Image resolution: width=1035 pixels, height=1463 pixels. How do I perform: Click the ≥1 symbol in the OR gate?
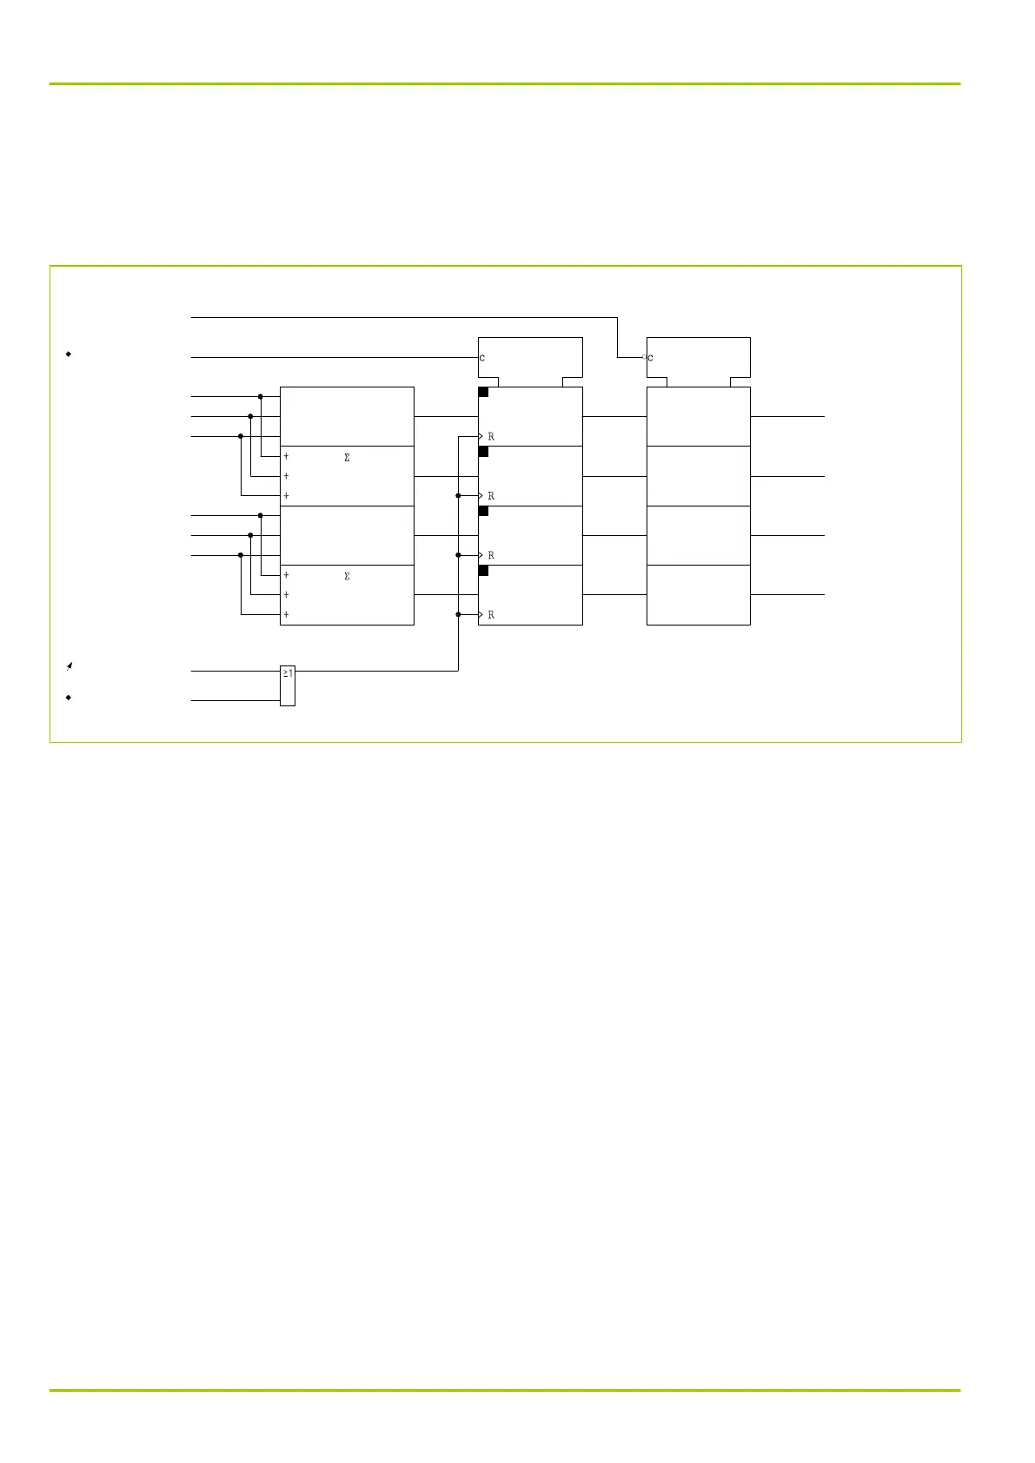point(288,672)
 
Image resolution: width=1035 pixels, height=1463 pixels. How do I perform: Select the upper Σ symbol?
point(348,458)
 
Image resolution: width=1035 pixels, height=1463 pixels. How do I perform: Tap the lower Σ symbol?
point(348,577)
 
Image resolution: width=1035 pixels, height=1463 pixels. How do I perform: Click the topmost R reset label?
point(491,437)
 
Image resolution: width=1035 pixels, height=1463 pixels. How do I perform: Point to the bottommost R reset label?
point(491,615)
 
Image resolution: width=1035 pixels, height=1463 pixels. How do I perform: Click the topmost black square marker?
point(483,393)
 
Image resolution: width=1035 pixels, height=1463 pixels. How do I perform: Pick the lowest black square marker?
point(483,571)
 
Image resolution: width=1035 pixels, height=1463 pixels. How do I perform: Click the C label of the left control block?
point(482,358)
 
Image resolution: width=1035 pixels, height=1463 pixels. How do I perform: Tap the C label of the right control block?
point(651,358)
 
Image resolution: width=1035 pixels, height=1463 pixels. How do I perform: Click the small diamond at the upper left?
point(68,354)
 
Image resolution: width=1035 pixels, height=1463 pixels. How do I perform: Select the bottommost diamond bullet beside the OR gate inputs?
point(68,698)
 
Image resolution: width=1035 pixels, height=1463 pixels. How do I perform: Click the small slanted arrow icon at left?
point(69,666)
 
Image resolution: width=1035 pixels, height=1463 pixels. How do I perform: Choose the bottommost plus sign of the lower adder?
point(286,615)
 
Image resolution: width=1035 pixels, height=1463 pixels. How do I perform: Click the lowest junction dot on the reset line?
point(458,614)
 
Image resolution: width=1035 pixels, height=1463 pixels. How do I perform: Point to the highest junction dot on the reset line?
point(458,496)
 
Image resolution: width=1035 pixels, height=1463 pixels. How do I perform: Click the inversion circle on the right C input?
point(644,357)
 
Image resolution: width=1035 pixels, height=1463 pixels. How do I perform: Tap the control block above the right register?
point(699,357)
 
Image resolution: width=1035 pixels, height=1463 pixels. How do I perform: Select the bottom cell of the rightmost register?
point(699,595)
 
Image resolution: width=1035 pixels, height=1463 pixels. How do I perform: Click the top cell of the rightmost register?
point(699,416)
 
